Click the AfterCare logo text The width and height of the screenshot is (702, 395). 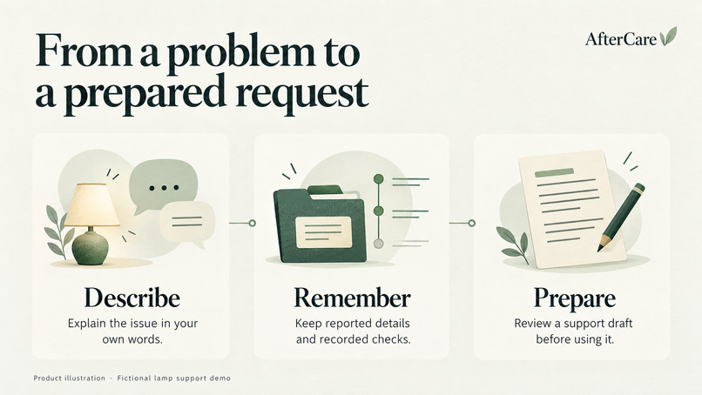(620, 39)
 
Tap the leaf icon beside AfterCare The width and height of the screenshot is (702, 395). (668, 37)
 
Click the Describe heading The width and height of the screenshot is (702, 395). (132, 298)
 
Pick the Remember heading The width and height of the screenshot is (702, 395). (352, 298)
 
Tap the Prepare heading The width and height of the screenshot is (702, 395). (575, 298)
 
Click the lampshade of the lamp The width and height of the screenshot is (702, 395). (92, 204)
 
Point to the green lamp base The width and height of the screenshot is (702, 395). (90, 248)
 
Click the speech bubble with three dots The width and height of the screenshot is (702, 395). (163, 185)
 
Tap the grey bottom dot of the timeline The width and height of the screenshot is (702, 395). (379, 244)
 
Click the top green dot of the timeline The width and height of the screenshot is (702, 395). (379, 179)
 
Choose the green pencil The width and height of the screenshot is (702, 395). (621, 217)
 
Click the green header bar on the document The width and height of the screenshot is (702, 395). (554, 172)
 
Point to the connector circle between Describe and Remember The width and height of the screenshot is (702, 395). (252, 223)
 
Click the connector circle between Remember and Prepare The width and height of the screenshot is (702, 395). (471, 223)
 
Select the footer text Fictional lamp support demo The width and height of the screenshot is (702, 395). (173, 378)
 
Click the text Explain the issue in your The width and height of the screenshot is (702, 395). (132, 323)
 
